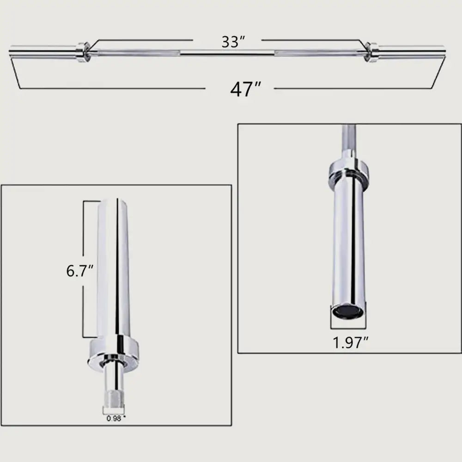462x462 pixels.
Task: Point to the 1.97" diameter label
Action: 351,342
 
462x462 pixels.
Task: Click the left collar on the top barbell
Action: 83,52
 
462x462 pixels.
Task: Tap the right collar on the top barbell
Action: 371,51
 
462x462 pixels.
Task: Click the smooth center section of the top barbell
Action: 226,52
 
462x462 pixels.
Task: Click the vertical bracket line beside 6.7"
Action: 83,231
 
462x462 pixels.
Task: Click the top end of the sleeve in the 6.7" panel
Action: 114,202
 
